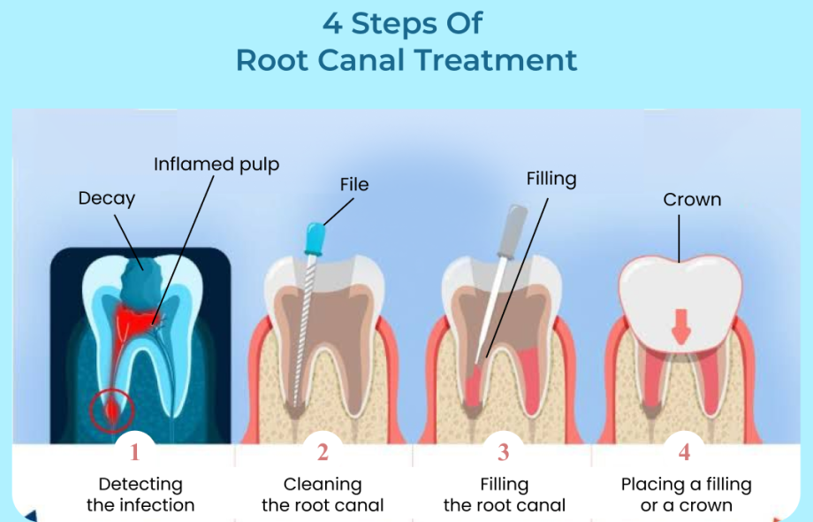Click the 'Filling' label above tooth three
pyautogui.click(x=551, y=180)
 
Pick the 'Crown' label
pyautogui.click(x=692, y=200)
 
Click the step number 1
pyautogui.click(x=134, y=453)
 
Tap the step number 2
pyautogui.click(x=323, y=453)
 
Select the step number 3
pyautogui.click(x=503, y=453)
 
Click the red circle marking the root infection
pyautogui.click(x=111, y=410)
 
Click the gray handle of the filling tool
pyautogui.click(x=516, y=225)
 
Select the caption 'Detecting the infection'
pyautogui.click(x=141, y=495)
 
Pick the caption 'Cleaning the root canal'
pyautogui.click(x=323, y=495)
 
